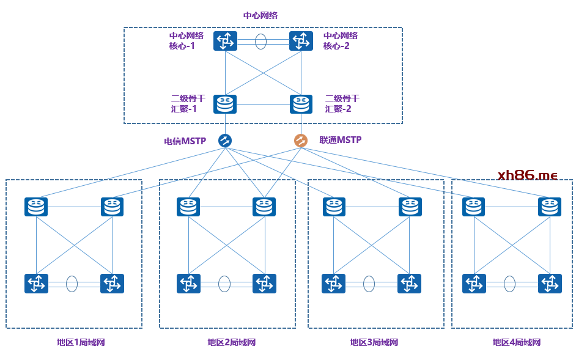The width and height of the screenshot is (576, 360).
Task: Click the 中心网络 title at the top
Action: click(260, 15)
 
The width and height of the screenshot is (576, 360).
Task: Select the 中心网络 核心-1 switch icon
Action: click(225, 42)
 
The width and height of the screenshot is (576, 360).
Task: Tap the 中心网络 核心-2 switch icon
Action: click(301, 42)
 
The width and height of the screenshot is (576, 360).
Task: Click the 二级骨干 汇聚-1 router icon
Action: click(225, 104)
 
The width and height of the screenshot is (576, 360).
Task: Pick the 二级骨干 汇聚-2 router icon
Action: click(301, 104)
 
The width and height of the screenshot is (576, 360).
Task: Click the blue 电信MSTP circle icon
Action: click(225, 141)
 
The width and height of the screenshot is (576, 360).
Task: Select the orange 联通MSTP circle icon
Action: click(301, 141)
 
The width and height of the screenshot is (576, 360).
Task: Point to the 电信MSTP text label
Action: click(185, 141)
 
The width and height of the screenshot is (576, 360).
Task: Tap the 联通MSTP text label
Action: click(341, 140)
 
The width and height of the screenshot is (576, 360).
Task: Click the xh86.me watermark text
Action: click(528, 175)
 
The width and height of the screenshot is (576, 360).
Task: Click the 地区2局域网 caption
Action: click(231, 342)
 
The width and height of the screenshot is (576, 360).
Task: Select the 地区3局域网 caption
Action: click(374, 342)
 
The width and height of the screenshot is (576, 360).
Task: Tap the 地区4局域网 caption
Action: click(517, 342)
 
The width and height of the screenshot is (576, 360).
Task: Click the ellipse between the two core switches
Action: click(261, 42)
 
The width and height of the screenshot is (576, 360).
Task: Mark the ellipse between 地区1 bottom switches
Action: click(72, 284)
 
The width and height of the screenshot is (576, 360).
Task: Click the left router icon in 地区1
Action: click(36, 207)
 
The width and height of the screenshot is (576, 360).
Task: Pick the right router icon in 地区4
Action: click(550, 207)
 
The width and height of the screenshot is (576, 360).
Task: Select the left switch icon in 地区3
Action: click(333, 284)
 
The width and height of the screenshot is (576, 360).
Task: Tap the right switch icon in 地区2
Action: click(264, 284)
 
